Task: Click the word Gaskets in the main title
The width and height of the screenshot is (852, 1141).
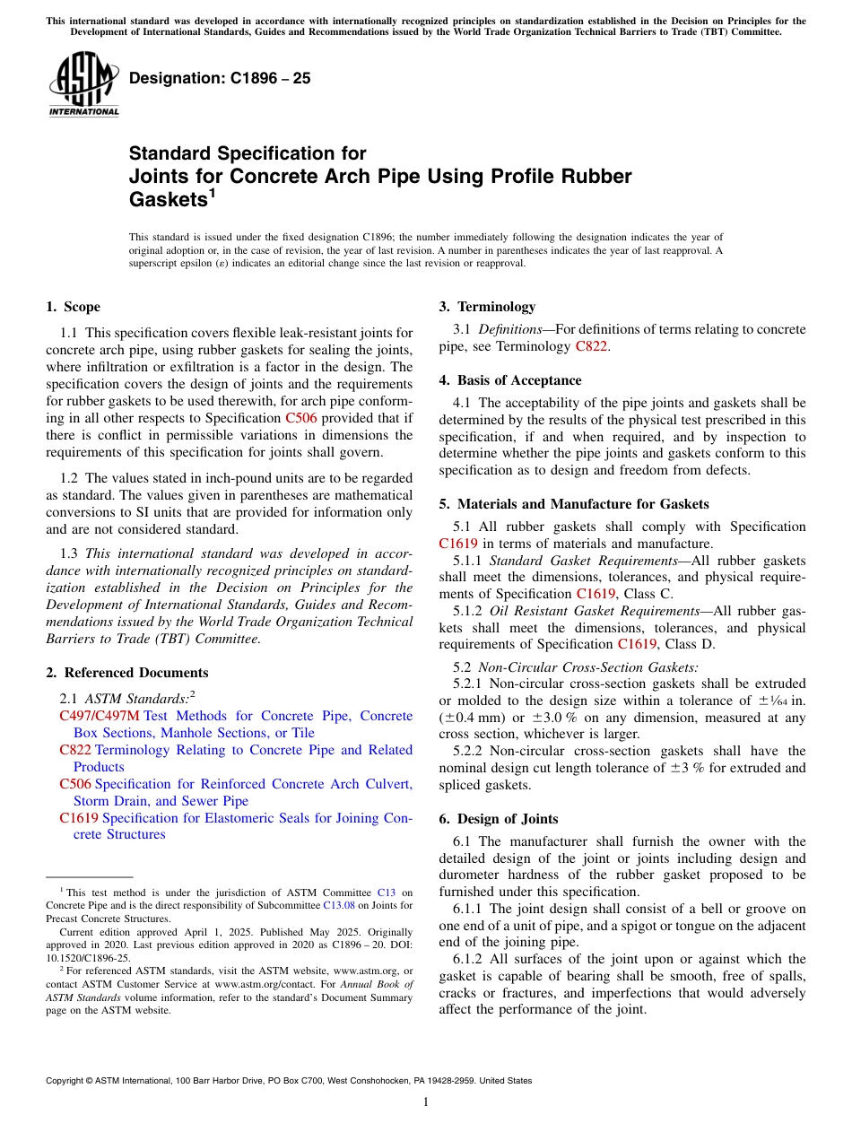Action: tap(168, 200)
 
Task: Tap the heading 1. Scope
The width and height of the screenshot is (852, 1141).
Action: tap(73, 307)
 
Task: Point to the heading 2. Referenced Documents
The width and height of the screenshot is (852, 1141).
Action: tap(126, 673)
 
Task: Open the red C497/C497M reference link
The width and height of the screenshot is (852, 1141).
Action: tap(100, 716)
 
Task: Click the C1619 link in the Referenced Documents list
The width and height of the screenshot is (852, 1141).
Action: tap(79, 818)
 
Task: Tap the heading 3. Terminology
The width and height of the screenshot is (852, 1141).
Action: tap(487, 307)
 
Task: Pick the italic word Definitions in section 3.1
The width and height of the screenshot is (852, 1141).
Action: tap(509, 330)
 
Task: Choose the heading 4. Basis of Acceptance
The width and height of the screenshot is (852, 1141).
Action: tap(510, 380)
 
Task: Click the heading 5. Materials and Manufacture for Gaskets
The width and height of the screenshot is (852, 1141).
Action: tap(574, 504)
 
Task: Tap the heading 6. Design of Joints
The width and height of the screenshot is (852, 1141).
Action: tap(499, 819)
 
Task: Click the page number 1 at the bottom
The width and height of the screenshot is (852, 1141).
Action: tap(426, 1102)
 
